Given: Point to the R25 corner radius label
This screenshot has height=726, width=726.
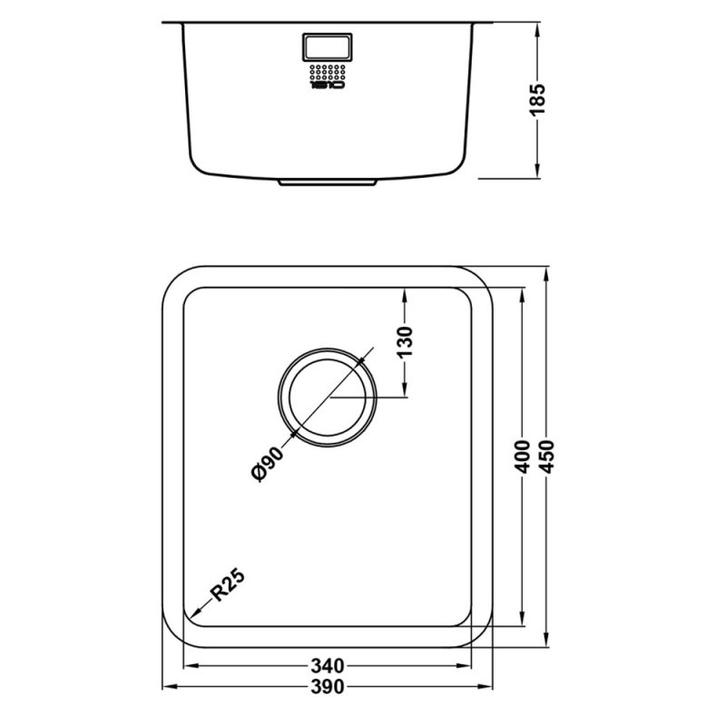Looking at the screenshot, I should coord(228,588).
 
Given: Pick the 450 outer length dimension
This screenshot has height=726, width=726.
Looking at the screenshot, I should coord(546,461).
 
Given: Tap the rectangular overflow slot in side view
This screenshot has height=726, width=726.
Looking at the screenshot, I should coord(325,46).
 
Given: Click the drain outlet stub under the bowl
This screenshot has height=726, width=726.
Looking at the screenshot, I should coord(327,181).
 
